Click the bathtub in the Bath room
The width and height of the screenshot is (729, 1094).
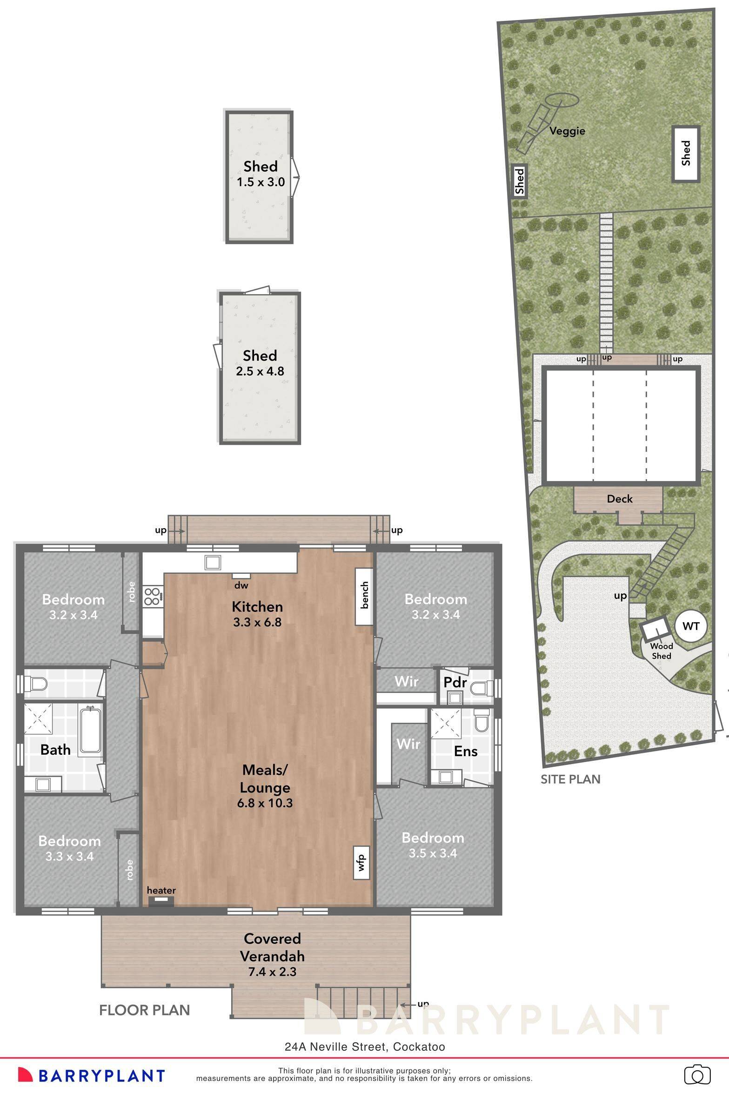click(x=90, y=730)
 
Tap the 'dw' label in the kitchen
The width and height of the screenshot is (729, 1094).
click(x=241, y=585)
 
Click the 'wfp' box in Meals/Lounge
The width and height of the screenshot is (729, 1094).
click(x=362, y=862)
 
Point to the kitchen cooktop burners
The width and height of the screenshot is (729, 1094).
click(x=153, y=597)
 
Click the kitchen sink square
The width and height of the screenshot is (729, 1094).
click(x=213, y=563)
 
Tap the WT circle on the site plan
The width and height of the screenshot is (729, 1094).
click(x=690, y=626)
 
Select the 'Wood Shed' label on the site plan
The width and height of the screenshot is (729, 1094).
click(x=662, y=651)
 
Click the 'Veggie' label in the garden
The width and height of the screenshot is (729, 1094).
click(x=567, y=131)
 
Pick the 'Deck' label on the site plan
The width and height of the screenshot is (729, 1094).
click(x=620, y=499)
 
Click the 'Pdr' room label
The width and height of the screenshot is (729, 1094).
click(x=455, y=682)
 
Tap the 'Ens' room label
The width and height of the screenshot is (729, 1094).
click(x=466, y=751)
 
